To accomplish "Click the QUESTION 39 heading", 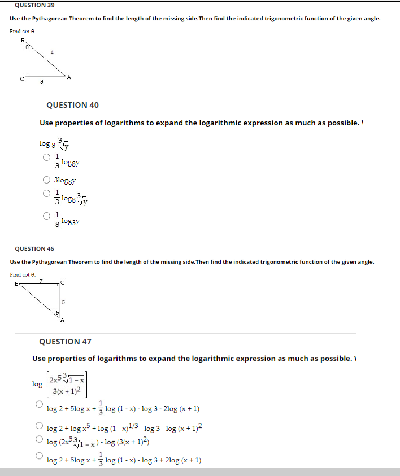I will (35, 5).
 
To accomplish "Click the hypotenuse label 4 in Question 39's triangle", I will (53, 53).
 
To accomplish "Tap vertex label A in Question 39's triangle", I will (69, 78).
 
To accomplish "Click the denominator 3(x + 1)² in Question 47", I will (67, 391).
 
